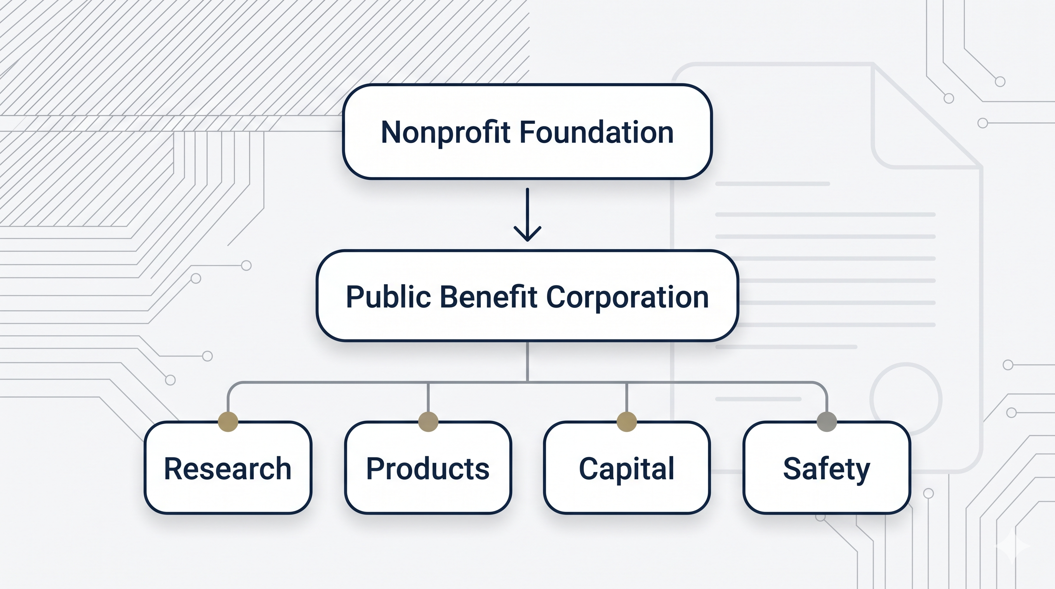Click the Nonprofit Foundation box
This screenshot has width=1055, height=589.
click(527, 132)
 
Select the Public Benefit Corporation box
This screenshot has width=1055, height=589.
click(527, 296)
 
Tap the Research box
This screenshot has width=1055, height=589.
click(228, 467)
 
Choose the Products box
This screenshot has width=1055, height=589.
click(428, 467)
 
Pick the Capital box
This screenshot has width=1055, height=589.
click(627, 467)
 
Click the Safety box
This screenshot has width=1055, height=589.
click(827, 467)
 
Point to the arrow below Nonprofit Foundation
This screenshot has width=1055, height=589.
click(527, 215)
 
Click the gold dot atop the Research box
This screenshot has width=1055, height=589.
click(228, 422)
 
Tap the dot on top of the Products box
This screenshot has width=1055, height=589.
click(428, 422)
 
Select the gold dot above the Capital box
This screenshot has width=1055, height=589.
click(627, 422)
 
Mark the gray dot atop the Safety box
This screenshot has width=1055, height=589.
click(827, 422)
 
